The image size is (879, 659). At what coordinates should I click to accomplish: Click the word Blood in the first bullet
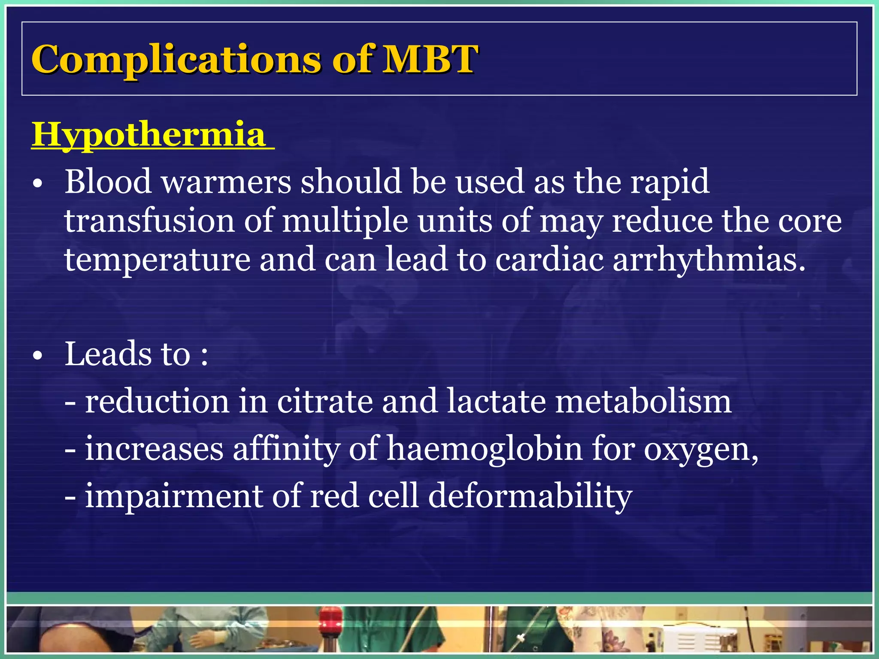108,181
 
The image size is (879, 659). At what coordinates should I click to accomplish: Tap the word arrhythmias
709,260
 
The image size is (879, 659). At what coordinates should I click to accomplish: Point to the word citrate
324,402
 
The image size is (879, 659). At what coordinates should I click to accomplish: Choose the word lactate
496,402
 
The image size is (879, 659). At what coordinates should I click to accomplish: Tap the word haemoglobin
485,449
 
